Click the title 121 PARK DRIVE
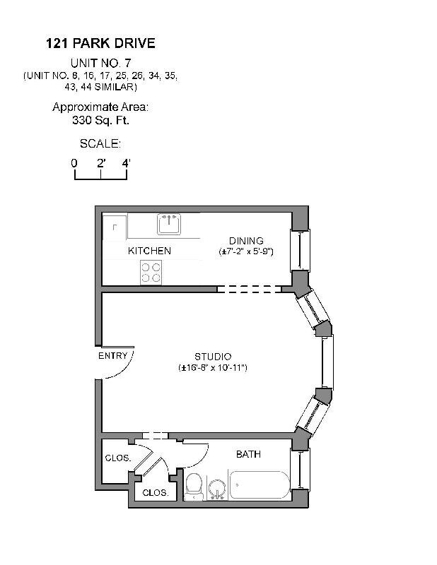pos(100,44)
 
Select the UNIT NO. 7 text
pos(100,62)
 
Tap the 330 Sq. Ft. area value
pos(100,120)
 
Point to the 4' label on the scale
pos(126,163)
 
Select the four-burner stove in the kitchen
pos(151,272)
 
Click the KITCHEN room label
pos(149,251)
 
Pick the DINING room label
pos(245,241)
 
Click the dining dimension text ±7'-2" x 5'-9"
pos(245,251)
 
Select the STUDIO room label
pos(213,357)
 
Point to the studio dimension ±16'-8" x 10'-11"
pos(213,368)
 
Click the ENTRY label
pos(112,356)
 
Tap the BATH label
pos(248,454)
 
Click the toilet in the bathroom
pos(192,486)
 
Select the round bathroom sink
pos(218,487)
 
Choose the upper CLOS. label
pos(117,458)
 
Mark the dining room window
pos(301,250)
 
